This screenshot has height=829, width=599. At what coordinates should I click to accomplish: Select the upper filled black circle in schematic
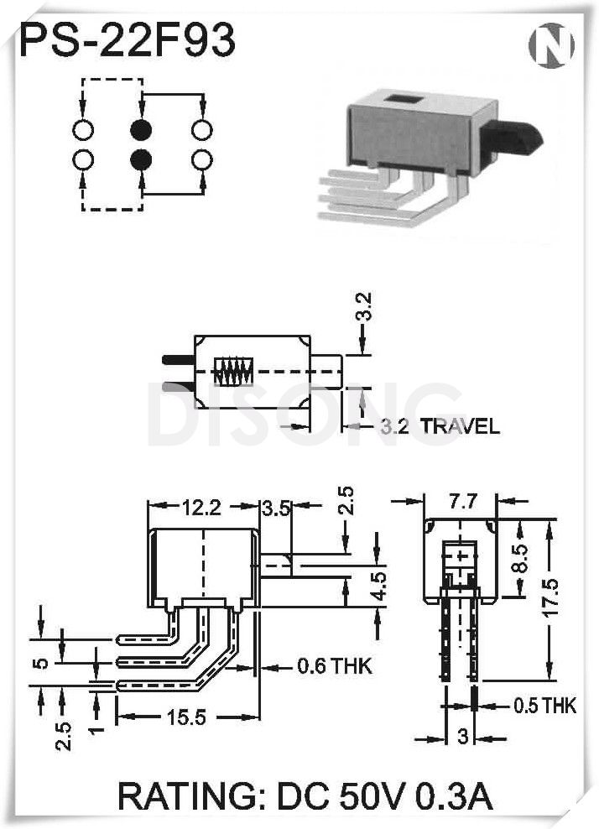coord(141,130)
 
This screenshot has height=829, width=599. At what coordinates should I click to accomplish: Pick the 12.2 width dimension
coord(201,507)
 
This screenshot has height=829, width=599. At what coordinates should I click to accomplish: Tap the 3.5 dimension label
coord(276,507)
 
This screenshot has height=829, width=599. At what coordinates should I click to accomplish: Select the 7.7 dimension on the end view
coord(462,502)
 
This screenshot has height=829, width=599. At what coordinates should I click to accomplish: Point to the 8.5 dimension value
coord(519,558)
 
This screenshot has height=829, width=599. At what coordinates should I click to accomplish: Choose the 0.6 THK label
coord(335,667)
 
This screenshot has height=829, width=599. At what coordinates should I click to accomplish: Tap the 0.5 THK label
coord(545,706)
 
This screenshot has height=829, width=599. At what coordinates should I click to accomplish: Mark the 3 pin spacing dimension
coord(461,738)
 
